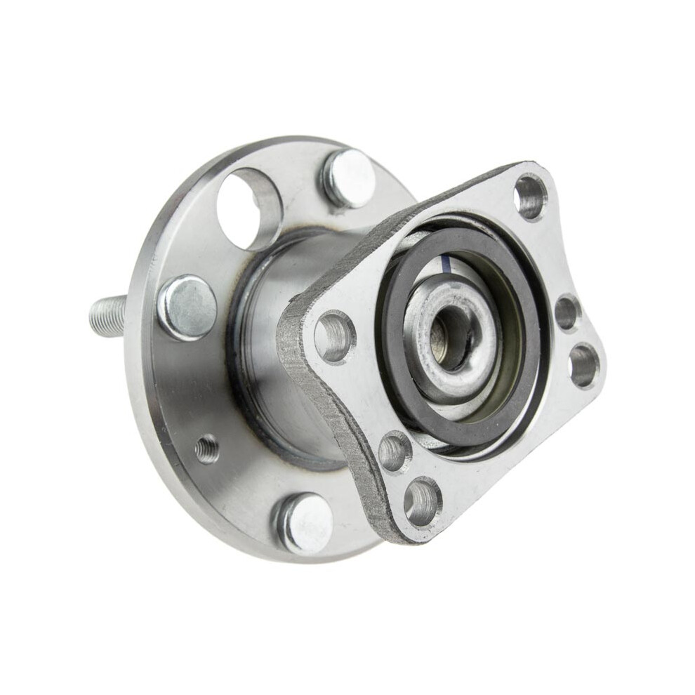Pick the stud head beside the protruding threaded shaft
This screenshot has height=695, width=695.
[186, 307]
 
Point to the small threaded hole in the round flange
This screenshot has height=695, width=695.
[206, 449]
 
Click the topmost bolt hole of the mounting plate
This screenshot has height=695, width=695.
[530, 197]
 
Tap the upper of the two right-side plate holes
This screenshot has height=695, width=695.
[567, 312]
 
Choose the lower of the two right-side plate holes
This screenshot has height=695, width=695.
[583, 364]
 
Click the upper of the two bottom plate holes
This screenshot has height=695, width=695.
[395, 451]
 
